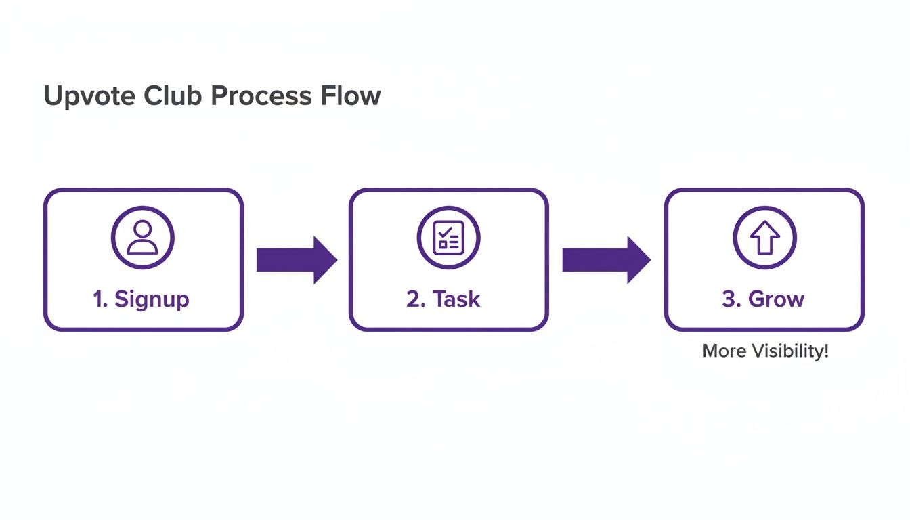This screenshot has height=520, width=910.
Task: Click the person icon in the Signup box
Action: (x=142, y=238)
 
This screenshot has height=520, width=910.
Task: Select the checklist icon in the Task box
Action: (x=448, y=238)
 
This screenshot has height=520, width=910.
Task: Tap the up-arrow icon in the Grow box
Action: (x=764, y=238)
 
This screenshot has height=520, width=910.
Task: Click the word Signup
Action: (x=152, y=299)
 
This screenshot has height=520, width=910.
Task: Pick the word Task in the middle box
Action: (x=456, y=299)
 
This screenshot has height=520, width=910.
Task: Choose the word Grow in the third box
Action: (x=776, y=299)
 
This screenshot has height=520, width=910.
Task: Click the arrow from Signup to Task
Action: (x=297, y=259)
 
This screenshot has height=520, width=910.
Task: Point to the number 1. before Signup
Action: (x=100, y=299)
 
